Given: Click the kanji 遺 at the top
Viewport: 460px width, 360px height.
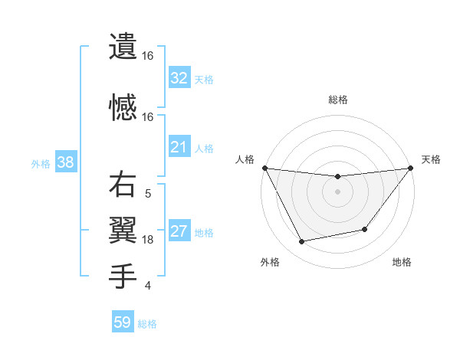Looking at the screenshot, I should (x=123, y=46).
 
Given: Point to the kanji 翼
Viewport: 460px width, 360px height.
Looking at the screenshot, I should (x=123, y=229).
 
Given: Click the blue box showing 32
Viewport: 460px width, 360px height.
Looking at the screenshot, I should (x=179, y=78).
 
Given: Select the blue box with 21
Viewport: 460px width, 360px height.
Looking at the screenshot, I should (x=179, y=147).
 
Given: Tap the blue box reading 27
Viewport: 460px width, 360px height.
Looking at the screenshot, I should (x=179, y=232).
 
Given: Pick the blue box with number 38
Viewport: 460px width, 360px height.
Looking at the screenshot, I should (x=64, y=162).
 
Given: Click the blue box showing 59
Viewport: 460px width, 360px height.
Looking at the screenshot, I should (x=123, y=322).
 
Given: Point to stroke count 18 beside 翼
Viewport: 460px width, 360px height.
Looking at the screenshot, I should (x=148, y=240).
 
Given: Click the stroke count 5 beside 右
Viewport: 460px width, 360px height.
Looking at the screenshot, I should (x=148, y=194).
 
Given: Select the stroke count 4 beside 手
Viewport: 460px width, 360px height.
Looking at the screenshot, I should (x=148, y=286).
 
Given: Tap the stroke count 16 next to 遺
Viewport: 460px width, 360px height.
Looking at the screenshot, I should (x=148, y=56).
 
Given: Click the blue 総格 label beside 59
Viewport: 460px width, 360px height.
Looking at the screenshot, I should (x=147, y=324).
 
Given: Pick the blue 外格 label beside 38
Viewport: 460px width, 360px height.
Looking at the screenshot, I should (x=41, y=163).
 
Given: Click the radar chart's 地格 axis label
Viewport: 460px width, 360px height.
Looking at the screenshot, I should (x=402, y=262).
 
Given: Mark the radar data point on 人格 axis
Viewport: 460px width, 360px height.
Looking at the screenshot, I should (x=265, y=168).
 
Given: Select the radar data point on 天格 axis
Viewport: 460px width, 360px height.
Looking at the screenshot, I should (x=409, y=168).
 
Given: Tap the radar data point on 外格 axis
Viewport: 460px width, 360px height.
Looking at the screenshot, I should (x=302, y=242).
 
